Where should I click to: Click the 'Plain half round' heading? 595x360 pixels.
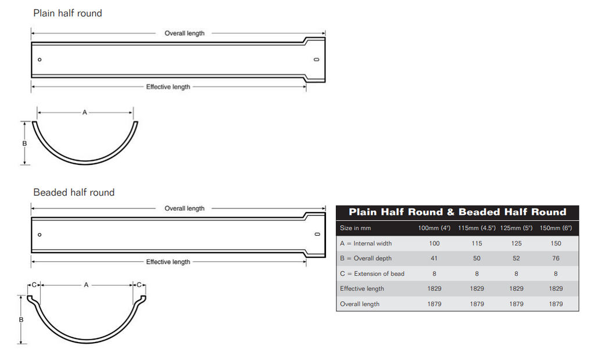coord(67,13)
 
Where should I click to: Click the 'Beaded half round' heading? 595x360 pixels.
coord(74,192)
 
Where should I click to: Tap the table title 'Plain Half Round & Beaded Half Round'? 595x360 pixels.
coord(457,212)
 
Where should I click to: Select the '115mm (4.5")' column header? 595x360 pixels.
coord(476,228)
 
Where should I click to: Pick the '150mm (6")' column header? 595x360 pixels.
coord(555,228)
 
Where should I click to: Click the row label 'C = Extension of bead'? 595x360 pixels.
coord(372,273)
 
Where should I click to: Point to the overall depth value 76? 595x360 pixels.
coord(555,258)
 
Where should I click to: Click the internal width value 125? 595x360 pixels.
coord(516,243)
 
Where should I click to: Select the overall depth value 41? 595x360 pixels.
coord(434,258)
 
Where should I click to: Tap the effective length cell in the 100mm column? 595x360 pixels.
coord(434,289)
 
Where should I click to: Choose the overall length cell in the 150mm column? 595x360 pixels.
coord(555,304)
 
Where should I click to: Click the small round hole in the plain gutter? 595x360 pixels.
coord(40,60)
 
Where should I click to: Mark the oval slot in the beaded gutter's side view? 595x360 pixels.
coord(318,235)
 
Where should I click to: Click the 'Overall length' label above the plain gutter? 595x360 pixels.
coord(184,33)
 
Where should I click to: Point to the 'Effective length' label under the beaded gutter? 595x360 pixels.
coord(168,262)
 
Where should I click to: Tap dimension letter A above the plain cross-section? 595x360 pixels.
coord(85,112)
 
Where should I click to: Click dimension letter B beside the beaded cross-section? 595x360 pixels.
coord(21,320)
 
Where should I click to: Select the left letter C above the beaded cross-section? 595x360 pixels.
coord(34,285)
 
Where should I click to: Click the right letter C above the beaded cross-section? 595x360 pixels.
coord(139,285)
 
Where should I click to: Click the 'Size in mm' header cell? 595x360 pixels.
coord(355,228)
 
